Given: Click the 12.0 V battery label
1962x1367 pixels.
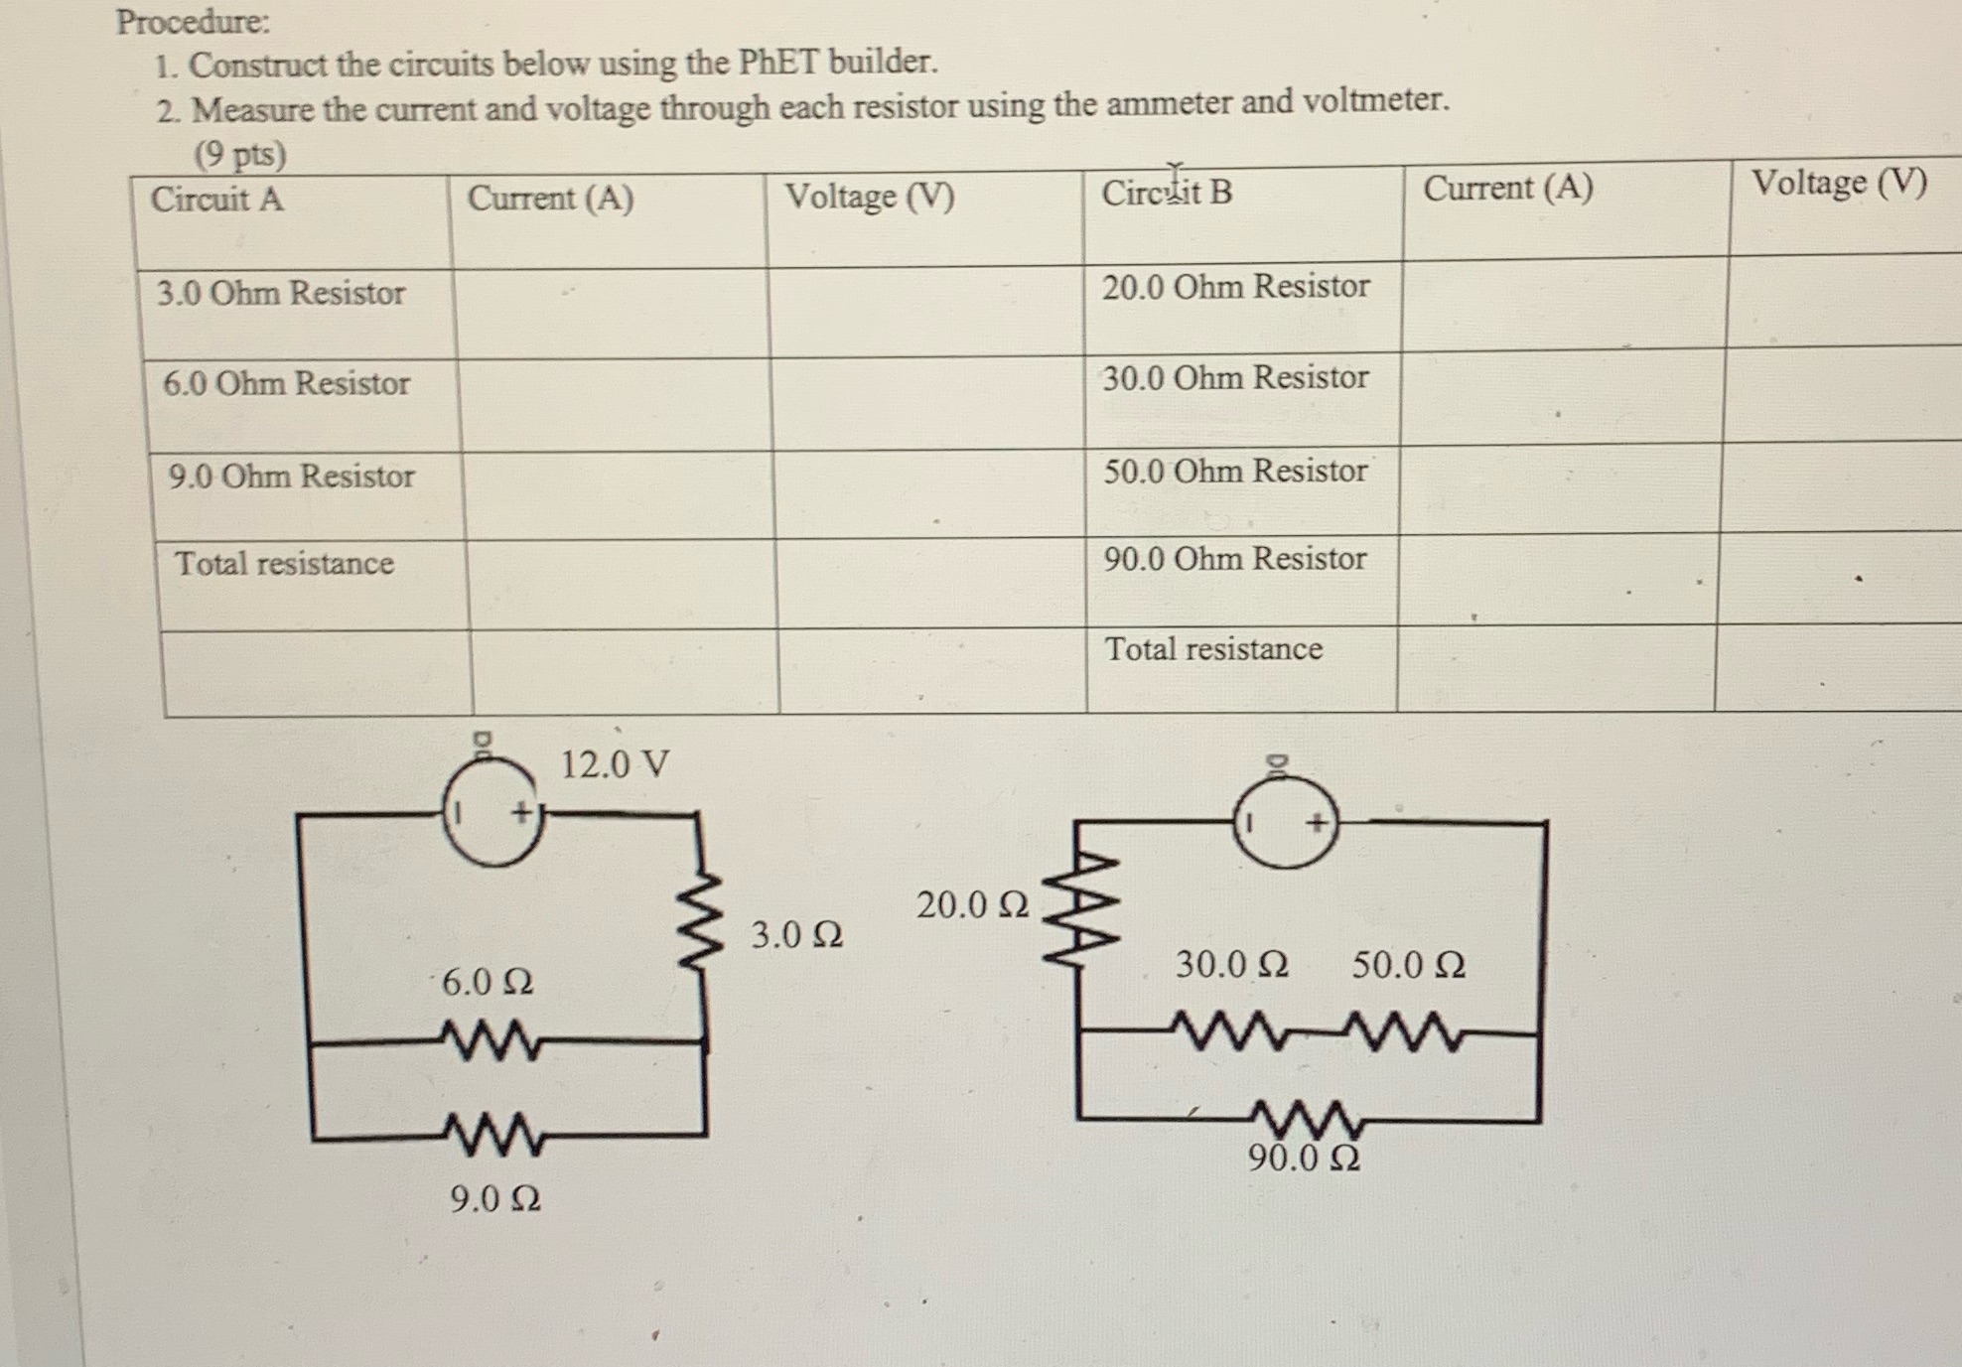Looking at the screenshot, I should pos(615,764).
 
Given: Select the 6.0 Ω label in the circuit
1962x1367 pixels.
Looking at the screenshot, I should pos(487,983).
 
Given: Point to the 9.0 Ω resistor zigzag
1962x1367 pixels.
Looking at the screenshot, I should pos(493,1135).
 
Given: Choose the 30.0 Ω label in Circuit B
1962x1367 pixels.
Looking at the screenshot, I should pos(1231,964).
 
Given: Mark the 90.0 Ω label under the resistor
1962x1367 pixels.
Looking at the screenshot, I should pos(1304,1158).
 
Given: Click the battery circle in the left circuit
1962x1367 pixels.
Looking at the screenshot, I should pos(493,814).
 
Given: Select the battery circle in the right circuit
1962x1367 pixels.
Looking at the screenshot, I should pos(1286,823).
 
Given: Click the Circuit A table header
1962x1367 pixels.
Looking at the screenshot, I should pos(216,200).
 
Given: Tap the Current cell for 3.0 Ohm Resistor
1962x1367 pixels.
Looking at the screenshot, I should pos(611,314).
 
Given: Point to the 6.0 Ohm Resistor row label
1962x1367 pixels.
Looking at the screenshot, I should pos(286,383).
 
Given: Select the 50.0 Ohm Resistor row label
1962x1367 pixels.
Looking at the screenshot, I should pos(1235,471).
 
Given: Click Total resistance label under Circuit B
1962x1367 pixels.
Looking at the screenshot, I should pos(1213,649).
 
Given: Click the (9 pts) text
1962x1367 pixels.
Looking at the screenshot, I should pos(239,155).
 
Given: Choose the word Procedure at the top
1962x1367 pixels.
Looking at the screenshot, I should pos(193,22).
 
